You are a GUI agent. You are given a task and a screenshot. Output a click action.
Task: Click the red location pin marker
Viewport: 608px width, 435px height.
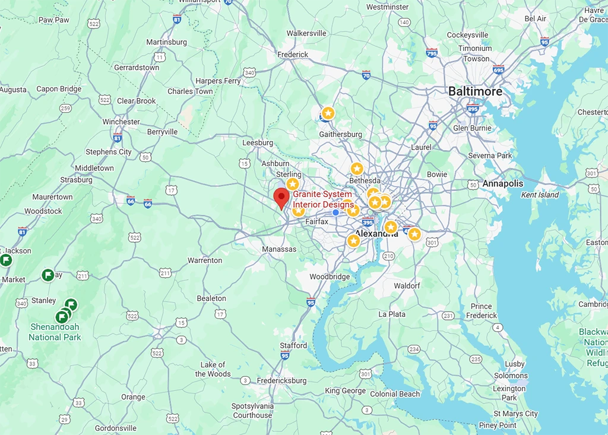[x=281, y=198]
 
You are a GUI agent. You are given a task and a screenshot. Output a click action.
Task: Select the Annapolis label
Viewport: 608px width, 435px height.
[x=503, y=183]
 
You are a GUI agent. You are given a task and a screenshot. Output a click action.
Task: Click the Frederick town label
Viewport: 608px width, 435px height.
[x=293, y=55]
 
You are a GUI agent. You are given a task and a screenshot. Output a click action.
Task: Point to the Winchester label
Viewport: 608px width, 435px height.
[x=121, y=122]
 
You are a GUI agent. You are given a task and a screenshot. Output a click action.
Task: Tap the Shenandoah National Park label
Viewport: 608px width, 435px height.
[x=54, y=332]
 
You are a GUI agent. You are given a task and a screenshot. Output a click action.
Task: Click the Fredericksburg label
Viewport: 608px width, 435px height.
[x=281, y=380]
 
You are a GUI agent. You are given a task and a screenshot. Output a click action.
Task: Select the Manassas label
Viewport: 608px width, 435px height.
[x=279, y=249]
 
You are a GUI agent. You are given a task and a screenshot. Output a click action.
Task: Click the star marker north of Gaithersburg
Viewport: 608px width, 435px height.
[x=328, y=113]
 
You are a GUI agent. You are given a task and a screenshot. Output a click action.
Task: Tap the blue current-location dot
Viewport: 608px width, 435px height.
[x=336, y=212]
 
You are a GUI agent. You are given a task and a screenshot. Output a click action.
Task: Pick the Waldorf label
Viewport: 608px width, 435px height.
[x=407, y=285]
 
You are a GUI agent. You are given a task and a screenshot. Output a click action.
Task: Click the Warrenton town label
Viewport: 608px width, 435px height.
[x=205, y=260]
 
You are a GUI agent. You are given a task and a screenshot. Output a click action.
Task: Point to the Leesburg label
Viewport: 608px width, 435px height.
[x=258, y=143]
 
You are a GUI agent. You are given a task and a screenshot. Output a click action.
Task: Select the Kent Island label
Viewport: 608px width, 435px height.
[x=540, y=195]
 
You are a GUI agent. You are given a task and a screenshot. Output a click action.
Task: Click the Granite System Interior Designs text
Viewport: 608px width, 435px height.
[x=323, y=199]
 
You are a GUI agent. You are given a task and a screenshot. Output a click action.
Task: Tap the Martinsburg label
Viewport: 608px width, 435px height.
[x=166, y=42]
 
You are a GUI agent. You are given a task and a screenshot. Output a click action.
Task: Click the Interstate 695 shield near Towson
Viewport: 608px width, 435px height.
[x=498, y=69]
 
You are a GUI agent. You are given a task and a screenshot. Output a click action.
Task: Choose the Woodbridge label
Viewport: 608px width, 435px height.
[x=330, y=277]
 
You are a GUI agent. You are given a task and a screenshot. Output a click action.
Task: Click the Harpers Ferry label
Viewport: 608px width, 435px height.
[x=218, y=81]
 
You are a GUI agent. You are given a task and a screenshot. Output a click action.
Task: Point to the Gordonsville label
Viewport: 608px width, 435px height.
[x=116, y=428]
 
